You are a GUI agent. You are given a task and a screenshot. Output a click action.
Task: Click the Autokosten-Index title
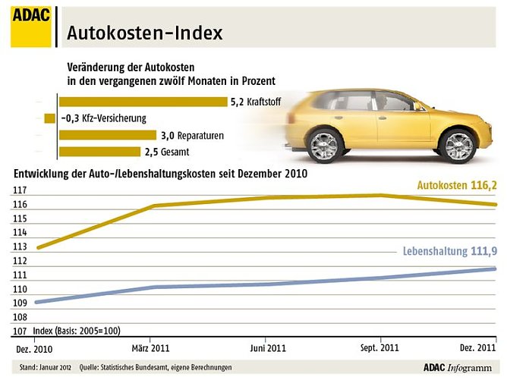pos(144,33)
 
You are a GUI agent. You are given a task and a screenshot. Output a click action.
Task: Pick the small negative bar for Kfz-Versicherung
pos(50,118)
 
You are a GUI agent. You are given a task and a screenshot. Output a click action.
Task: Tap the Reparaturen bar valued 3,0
pos(109,135)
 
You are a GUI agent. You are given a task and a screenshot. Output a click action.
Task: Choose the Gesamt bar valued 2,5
pos(99,151)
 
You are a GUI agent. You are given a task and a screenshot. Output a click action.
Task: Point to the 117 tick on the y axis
pos(20,190)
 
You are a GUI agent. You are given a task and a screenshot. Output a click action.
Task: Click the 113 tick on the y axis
pos(20,247)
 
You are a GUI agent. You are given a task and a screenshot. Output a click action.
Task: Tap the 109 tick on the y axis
pos(20,303)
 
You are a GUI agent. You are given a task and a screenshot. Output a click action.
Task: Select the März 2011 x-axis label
pos(150,348)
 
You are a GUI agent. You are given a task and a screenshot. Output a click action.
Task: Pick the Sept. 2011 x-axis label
pos(379,348)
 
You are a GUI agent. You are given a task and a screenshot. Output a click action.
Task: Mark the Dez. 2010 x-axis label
pos(36,348)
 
